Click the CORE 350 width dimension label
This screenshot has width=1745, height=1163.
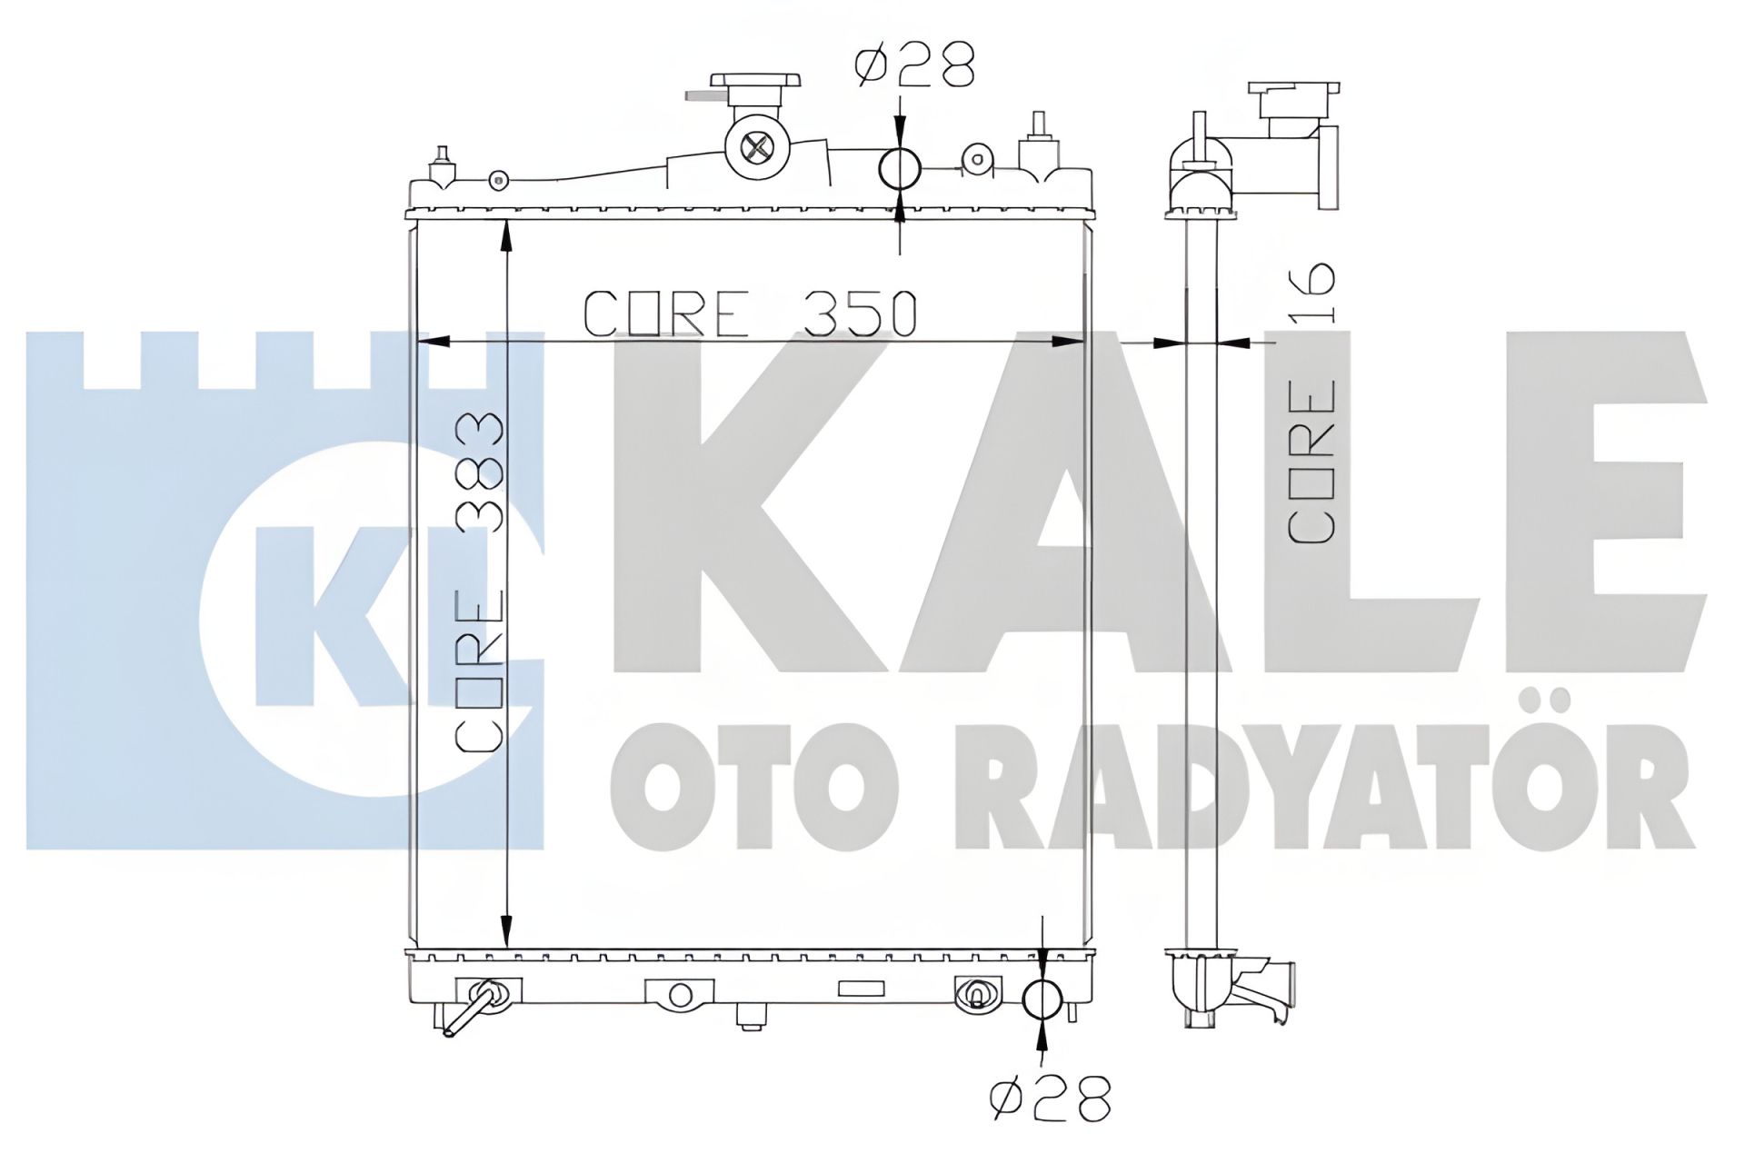coord(750,313)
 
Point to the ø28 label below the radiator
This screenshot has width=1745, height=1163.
coord(1052,1099)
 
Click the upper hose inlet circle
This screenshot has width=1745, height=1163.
coord(900,167)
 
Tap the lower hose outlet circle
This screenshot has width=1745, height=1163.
coord(1042,999)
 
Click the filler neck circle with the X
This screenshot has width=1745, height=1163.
coord(756,145)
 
